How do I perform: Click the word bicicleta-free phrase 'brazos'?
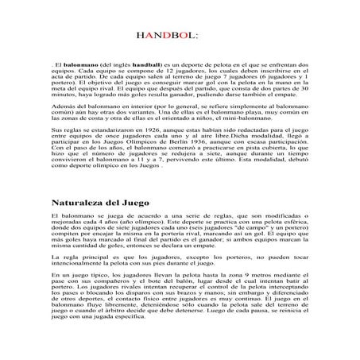click(227, 314)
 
